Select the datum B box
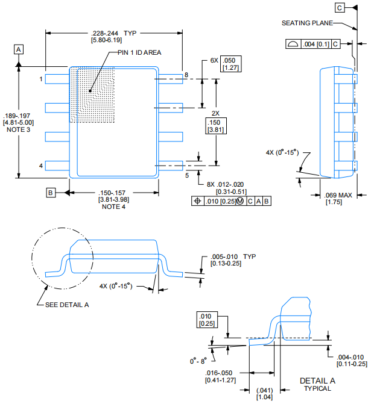[51, 193]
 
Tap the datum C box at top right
[340, 7]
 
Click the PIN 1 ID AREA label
[139, 53]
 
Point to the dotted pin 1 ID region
[91, 93]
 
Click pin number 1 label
[41, 79]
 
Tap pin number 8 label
[186, 75]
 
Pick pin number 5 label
[186, 175]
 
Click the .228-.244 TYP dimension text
[114, 33]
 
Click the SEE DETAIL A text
[67, 305]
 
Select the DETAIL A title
[317, 381]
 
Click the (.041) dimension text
[265, 392]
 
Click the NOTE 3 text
[18, 130]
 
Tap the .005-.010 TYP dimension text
[233, 256]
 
